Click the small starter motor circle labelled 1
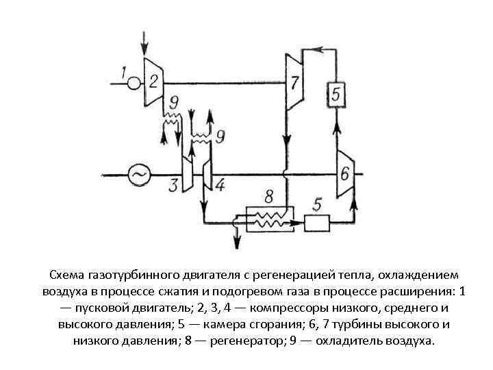click(x=134, y=83)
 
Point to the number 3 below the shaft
click(x=173, y=186)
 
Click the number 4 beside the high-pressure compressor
click(x=219, y=185)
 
